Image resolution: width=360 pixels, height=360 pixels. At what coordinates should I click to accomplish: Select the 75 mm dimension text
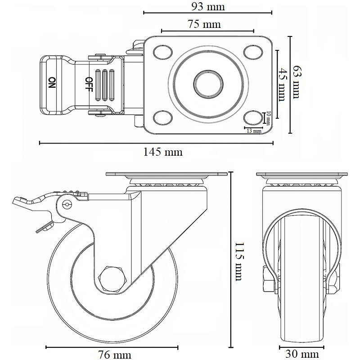pyautogui.click(x=207, y=24)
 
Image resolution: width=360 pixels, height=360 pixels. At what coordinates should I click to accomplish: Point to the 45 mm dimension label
pyautogui.click(x=283, y=85)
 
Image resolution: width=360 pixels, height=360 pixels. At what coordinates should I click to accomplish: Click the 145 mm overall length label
pyautogui.click(x=163, y=152)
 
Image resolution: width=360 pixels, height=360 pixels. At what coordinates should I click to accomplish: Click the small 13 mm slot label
pyautogui.click(x=254, y=131)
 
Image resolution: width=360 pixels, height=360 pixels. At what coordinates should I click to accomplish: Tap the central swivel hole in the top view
pyautogui.click(x=207, y=84)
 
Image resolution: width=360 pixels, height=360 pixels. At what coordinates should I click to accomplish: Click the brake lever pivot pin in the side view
pyautogui.click(x=67, y=205)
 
